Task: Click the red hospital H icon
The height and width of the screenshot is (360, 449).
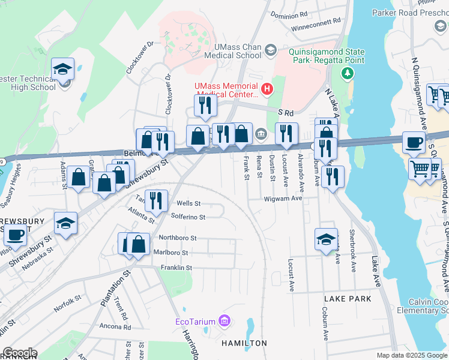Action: click(268, 90)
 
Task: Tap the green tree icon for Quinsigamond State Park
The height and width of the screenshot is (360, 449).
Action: click(346, 73)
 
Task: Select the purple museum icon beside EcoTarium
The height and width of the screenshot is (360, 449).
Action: click(224, 322)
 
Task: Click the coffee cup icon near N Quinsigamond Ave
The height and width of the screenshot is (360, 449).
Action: click(413, 142)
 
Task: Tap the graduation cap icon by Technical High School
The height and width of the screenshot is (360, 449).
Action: click(62, 69)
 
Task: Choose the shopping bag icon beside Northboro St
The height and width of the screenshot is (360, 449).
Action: click(138, 244)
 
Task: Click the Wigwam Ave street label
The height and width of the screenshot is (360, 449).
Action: click(283, 198)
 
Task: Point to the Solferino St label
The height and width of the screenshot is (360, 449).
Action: click(188, 217)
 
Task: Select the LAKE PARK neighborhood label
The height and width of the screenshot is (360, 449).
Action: click(348, 298)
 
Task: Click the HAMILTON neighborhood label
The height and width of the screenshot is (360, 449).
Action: click(244, 343)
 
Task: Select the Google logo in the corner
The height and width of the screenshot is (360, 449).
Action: click(20, 353)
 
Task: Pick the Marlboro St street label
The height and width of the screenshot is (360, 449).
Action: click(173, 253)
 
